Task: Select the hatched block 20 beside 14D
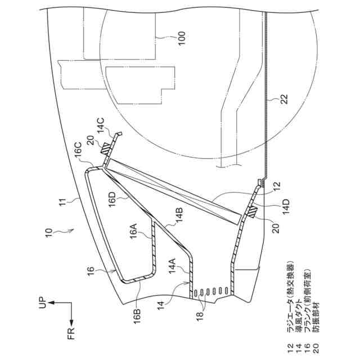coord(252,213)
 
